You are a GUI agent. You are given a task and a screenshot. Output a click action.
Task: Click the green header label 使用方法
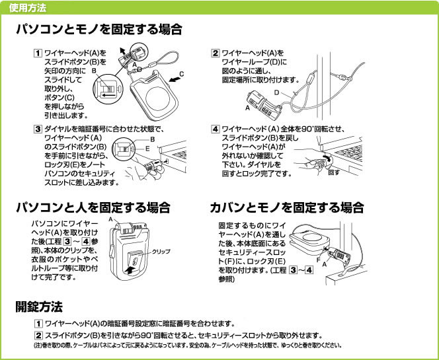tap(28, 8)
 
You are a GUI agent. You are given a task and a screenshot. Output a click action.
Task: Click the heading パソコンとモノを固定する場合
tap(99, 29)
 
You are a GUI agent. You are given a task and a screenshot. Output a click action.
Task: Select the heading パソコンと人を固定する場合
tap(93, 207)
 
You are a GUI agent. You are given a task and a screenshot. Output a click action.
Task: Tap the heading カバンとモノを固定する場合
tap(287, 207)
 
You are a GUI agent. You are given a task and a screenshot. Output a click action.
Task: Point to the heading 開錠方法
tap(39, 306)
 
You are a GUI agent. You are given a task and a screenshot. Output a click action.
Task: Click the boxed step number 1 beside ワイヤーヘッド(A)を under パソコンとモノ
tap(38, 53)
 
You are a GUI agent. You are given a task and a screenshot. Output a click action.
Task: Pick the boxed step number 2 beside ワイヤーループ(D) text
tap(215, 53)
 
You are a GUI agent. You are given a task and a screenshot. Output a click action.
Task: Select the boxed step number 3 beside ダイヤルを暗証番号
tap(38, 129)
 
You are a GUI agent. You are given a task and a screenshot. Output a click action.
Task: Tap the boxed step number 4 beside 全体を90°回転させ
tap(215, 129)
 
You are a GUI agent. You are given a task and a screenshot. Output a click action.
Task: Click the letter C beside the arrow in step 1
tap(181, 74)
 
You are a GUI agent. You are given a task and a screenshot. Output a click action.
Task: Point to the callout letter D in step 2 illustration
tap(276, 92)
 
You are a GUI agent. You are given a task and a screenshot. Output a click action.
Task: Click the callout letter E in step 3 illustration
tap(147, 149)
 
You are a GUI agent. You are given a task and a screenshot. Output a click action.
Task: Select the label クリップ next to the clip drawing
tap(161, 251)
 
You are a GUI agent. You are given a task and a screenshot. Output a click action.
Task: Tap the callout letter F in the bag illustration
tap(318, 260)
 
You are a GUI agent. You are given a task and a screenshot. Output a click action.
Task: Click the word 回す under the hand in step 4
tap(334, 172)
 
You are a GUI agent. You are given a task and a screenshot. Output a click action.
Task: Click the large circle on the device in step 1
tap(158, 98)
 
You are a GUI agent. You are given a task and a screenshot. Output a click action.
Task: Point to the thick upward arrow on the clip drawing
tap(132, 270)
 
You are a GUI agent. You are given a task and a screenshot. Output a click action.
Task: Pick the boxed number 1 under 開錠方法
tap(38, 324)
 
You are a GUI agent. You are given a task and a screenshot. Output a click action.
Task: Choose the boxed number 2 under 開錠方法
tap(38, 335)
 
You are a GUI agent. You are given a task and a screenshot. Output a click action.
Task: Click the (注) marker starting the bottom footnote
tap(38, 345)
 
